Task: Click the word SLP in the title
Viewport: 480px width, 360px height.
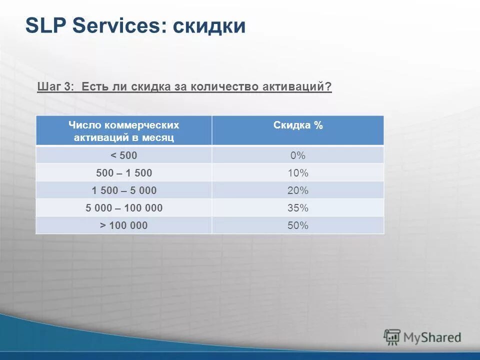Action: tap(46, 25)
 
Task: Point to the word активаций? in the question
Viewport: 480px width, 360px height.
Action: tap(302, 87)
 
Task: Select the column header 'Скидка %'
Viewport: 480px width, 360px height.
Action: tap(298, 125)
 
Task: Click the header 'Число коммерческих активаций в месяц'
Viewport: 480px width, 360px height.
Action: tap(124, 131)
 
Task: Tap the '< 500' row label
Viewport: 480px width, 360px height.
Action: tap(124, 155)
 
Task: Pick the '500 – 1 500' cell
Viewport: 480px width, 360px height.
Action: tap(124, 173)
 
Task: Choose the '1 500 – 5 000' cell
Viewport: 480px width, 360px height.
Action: tap(124, 190)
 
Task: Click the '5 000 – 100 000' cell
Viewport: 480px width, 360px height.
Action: tap(124, 208)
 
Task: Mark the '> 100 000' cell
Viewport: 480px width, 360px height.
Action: tap(124, 225)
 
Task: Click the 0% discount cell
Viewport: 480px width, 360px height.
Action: tap(298, 155)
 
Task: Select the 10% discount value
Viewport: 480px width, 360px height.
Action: tap(298, 173)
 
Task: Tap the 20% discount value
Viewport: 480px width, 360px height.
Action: tap(298, 190)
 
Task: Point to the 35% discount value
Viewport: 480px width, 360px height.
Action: tap(298, 208)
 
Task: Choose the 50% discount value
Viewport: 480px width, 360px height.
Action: tap(298, 225)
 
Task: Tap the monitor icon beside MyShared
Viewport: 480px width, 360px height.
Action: tap(392, 337)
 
